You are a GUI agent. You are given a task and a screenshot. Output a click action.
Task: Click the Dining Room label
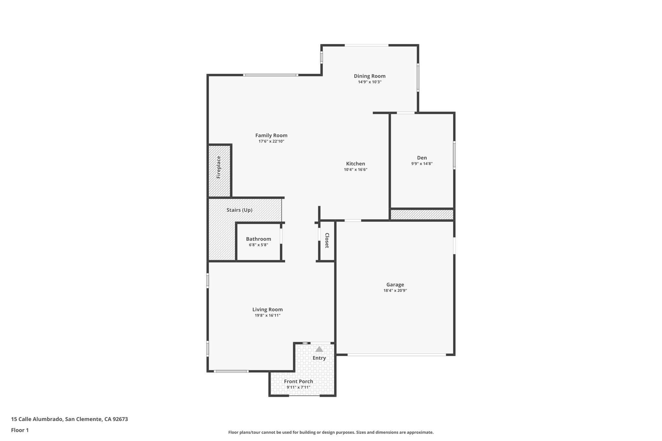(369, 76)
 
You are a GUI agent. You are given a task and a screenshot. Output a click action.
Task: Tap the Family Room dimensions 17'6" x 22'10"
(271, 142)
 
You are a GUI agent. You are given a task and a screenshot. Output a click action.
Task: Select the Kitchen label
(356, 164)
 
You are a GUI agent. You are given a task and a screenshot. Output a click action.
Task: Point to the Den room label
(422, 158)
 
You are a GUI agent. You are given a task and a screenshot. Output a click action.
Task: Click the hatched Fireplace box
(219, 171)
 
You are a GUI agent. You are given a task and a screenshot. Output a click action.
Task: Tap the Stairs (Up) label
(239, 210)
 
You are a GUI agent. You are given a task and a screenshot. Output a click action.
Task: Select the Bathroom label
(258, 239)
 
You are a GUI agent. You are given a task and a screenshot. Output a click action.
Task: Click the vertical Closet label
(327, 240)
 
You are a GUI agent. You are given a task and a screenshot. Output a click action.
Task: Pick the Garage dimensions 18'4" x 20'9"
(395, 290)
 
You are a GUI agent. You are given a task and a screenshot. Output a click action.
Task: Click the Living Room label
(267, 310)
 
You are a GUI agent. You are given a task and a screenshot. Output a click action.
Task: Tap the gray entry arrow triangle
(319, 349)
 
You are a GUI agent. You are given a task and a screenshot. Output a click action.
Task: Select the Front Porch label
(298, 382)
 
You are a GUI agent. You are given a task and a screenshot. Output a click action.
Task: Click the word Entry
(319, 358)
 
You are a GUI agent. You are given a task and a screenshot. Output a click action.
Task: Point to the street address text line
(69, 419)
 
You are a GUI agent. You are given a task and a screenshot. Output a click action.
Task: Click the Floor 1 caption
(20, 430)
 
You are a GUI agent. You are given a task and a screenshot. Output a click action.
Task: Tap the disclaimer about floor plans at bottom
(331, 432)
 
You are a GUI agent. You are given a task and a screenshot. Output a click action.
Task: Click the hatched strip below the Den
(422, 215)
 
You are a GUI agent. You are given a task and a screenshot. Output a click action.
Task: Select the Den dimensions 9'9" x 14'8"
(422, 164)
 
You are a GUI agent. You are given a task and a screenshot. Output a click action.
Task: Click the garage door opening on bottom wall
(397, 355)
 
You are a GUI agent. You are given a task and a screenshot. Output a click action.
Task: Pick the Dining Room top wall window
(366, 45)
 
